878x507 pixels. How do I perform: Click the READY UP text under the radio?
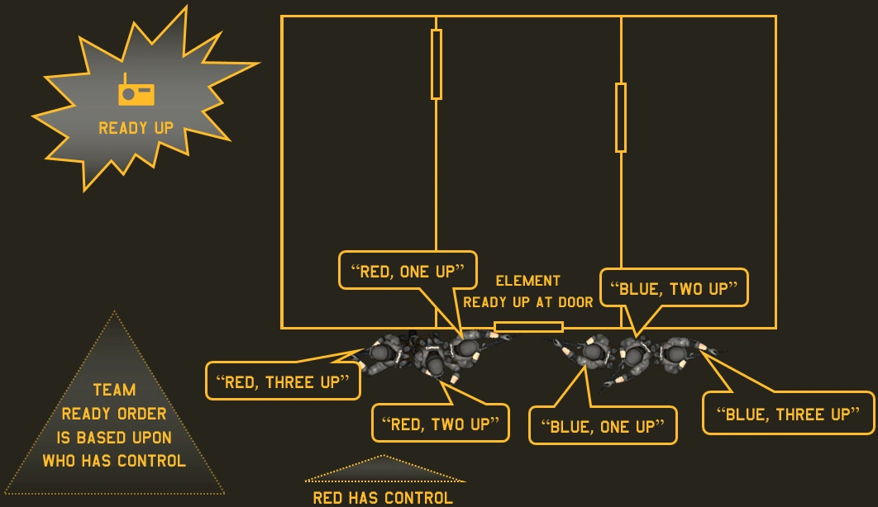click(136, 128)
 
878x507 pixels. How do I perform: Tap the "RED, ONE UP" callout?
click(408, 271)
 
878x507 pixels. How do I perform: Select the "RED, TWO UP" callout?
click(440, 424)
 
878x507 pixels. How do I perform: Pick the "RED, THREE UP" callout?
click(283, 381)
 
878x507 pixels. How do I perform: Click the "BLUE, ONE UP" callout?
click(602, 426)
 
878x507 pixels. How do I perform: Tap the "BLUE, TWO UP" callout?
click(674, 288)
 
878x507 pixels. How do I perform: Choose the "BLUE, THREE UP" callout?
click(788, 414)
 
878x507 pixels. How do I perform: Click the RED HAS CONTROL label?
click(383, 497)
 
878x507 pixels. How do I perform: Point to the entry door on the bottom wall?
click(529, 327)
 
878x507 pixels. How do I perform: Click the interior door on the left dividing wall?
click(437, 64)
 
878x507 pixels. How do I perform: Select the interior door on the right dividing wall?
click(621, 117)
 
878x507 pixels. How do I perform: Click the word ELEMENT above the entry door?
click(528, 281)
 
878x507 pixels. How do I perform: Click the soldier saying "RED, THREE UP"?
click(383, 353)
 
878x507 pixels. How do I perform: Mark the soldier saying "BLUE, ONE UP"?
click(592, 353)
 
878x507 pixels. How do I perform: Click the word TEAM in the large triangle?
click(114, 390)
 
